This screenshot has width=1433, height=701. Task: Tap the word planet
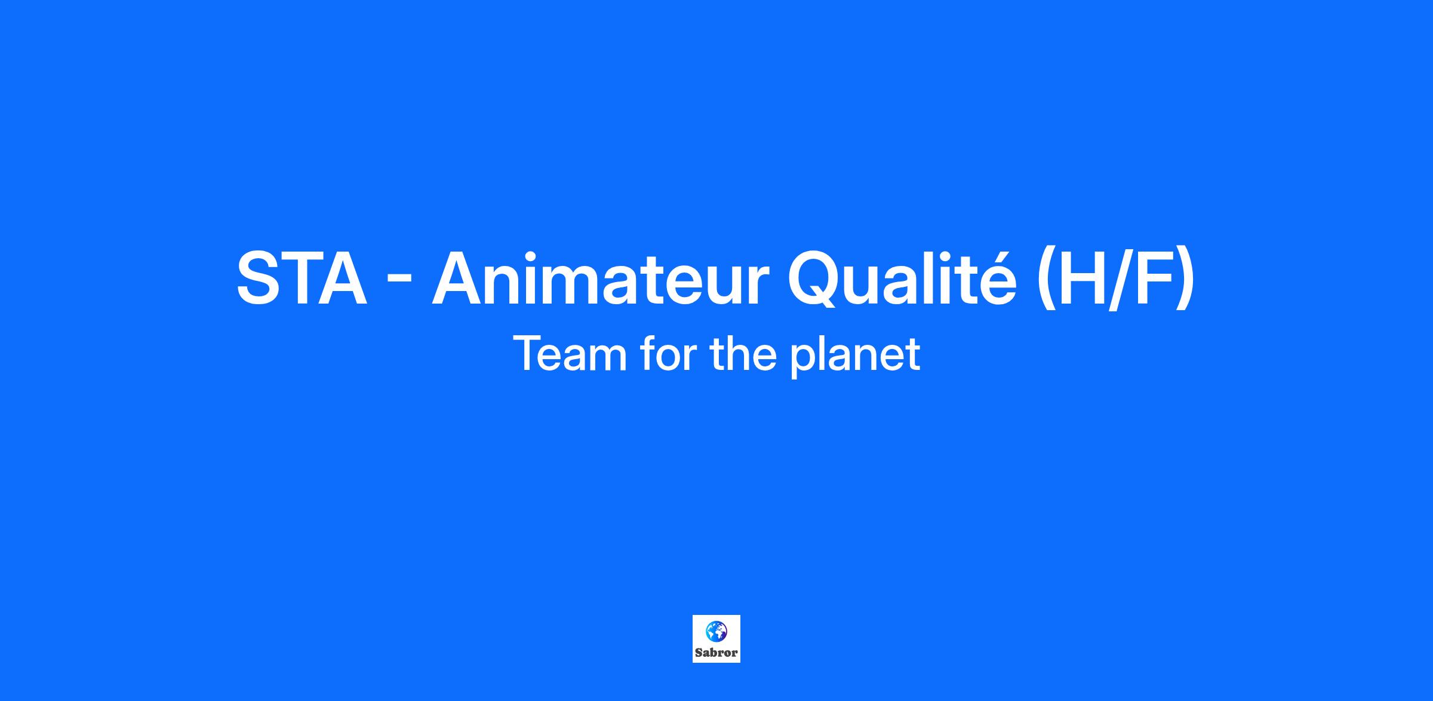[856, 356]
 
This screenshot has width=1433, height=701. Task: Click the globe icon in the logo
[716, 630]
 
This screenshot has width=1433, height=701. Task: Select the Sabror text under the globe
[716, 653]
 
